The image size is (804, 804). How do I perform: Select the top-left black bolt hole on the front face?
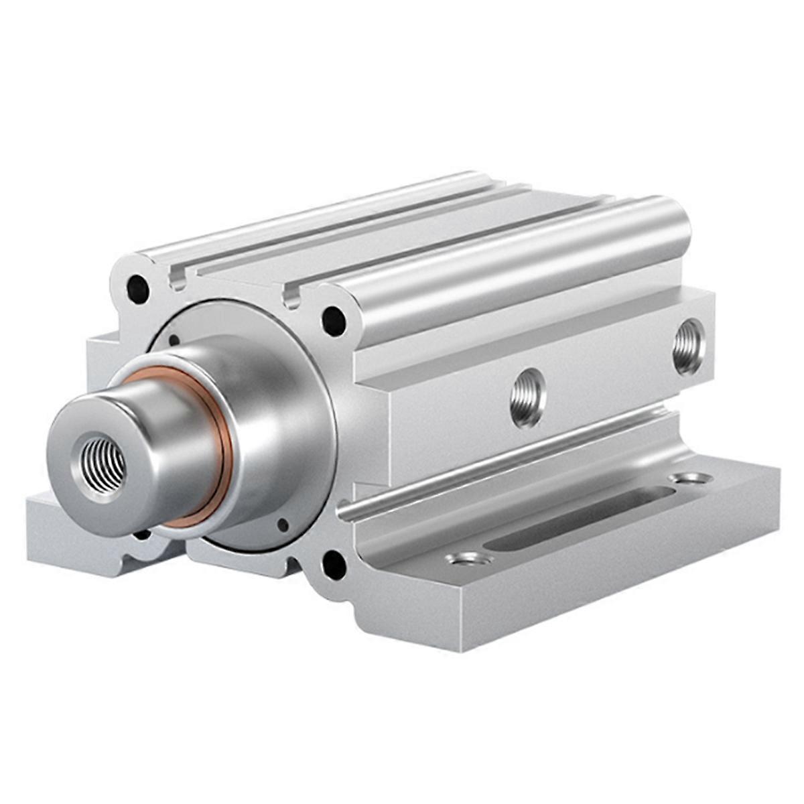pos(137,289)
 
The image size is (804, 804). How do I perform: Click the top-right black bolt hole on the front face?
pos(334,320)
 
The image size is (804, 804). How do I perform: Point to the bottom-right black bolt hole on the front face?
pos(334,564)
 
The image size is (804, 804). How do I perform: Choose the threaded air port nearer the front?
pos(527,397)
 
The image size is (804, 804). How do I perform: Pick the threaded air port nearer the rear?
pos(689,346)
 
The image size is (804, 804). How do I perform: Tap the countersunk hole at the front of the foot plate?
pos(470,558)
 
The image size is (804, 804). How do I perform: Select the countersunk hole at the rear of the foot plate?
pos(691,478)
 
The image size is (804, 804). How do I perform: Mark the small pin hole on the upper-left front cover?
pos(174,340)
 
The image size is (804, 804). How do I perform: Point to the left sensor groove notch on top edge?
pos(178,277)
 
